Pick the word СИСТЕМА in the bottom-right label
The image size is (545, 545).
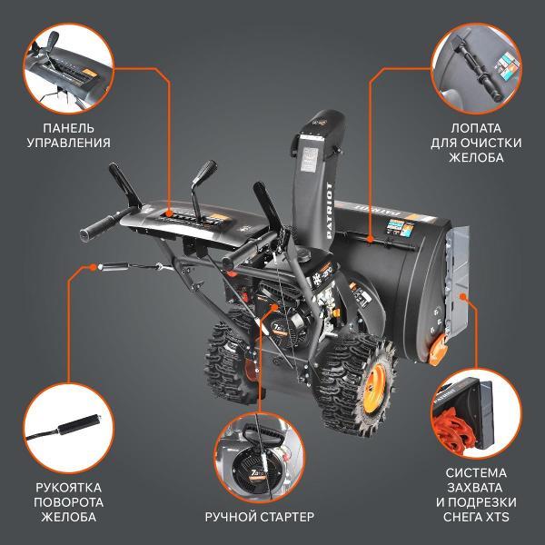pyautogui.click(x=477, y=474)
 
